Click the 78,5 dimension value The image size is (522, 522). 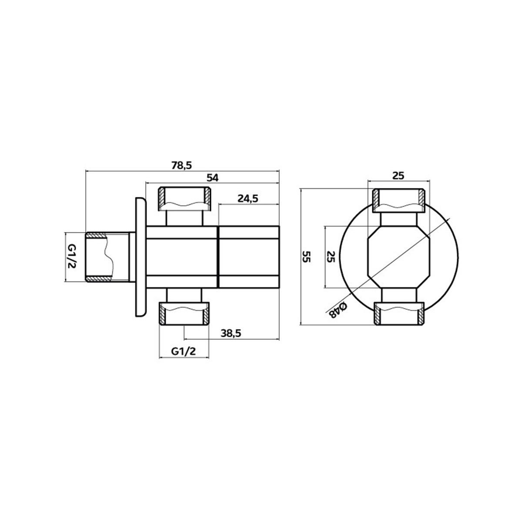coord(181,165)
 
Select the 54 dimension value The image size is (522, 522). coord(212,178)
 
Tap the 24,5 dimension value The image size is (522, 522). coord(248,198)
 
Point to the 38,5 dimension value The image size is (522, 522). coord(231,333)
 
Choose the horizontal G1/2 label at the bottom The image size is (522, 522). coord(183,351)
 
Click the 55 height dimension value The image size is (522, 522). coord(307,257)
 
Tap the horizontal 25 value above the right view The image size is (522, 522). coord(398,176)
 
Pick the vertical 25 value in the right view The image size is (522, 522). coord(331,257)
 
